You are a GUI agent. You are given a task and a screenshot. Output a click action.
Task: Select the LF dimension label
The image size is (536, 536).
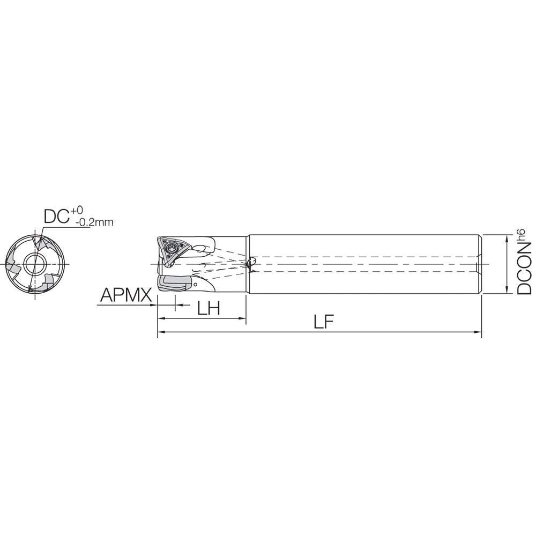pos(324,322)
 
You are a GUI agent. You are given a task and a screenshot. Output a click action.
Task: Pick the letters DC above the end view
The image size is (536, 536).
pos(55,216)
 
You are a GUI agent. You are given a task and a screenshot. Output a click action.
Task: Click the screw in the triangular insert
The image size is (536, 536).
pos(173,248)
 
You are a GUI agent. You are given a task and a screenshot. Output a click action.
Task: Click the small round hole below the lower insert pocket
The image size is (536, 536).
pos(197,284)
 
